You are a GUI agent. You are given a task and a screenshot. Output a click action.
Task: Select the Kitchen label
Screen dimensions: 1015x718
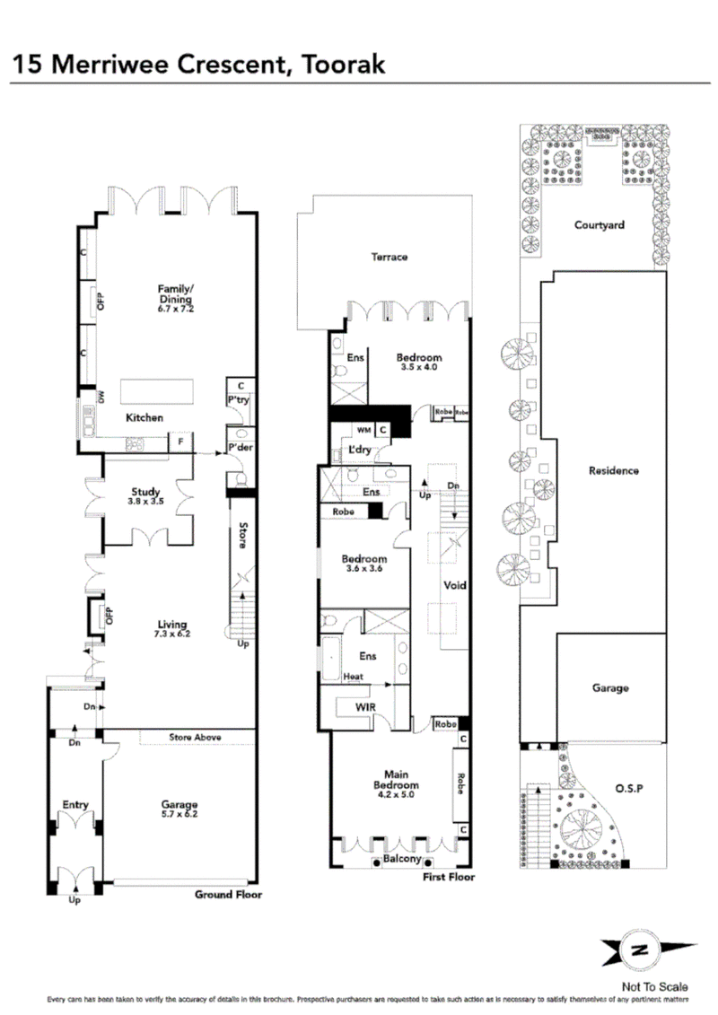coord(144,417)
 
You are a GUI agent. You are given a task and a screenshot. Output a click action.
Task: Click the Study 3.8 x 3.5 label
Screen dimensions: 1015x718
coord(145,497)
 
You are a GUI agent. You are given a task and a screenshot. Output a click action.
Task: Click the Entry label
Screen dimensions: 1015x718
coord(74,805)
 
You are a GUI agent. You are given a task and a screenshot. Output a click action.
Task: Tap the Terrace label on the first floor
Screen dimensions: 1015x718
coord(390,257)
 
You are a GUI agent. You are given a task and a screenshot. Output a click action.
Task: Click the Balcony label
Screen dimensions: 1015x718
coord(402,859)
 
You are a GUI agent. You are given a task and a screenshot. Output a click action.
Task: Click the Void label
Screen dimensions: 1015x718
coord(455,585)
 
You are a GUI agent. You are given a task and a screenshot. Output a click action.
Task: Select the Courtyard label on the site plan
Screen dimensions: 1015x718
coord(599,225)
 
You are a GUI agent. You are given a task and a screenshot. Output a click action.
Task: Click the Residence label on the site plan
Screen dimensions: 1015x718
coord(613,470)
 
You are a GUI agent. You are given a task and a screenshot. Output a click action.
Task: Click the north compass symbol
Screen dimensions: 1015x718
coord(638,949)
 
